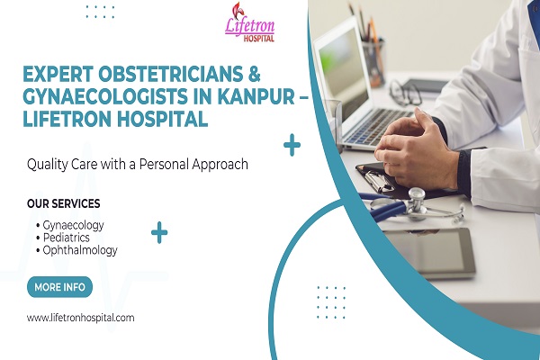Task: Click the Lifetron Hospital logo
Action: (249, 22)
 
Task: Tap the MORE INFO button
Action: (59, 287)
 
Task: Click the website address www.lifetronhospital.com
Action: (81, 318)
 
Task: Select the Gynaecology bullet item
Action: (69, 225)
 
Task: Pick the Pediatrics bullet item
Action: (63, 238)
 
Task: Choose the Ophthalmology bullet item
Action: (76, 250)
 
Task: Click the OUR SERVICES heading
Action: (63, 203)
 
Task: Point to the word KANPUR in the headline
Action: (256, 96)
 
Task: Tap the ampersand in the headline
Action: (254, 74)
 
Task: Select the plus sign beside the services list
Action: (159, 232)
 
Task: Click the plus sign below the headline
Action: (292, 145)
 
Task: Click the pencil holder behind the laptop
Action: (373, 62)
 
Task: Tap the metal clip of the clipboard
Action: (378, 181)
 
